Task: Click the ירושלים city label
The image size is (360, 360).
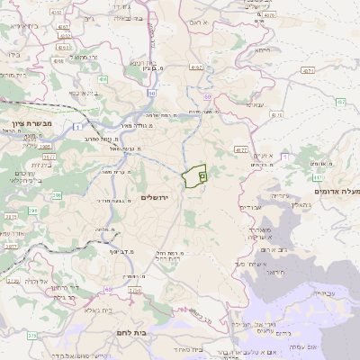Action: (x=161, y=196)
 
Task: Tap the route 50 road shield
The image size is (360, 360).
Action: (x=152, y=92)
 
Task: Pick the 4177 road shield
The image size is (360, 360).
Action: (x=240, y=149)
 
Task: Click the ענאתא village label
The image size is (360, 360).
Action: (x=256, y=104)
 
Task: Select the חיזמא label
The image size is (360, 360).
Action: (x=262, y=50)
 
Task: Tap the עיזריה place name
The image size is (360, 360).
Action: (x=280, y=195)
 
